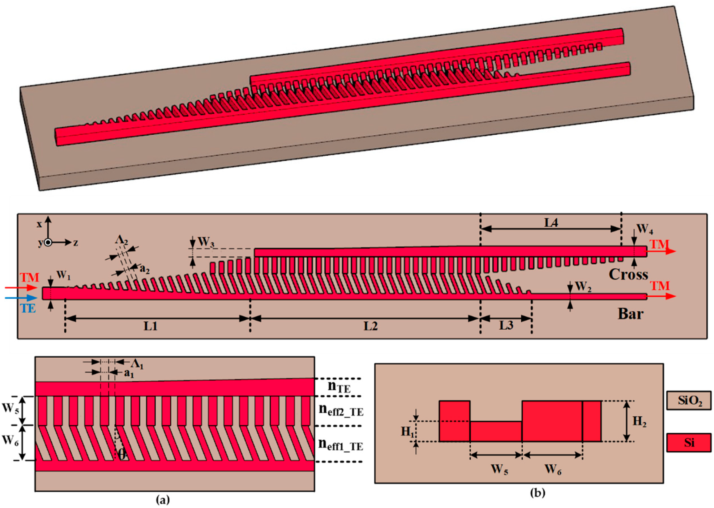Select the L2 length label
pyautogui.click(x=371, y=326)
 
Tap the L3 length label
pyautogui.click(x=506, y=326)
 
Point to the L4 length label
pyautogui.click(x=551, y=223)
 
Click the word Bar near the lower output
pyautogui.click(x=630, y=314)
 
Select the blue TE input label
pyautogui.click(x=28, y=309)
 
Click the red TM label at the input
pyautogui.click(x=30, y=277)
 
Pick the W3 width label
pyautogui.click(x=206, y=242)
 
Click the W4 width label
pyautogui.click(x=645, y=229)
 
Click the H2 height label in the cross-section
pyautogui.click(x=640, y=422)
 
